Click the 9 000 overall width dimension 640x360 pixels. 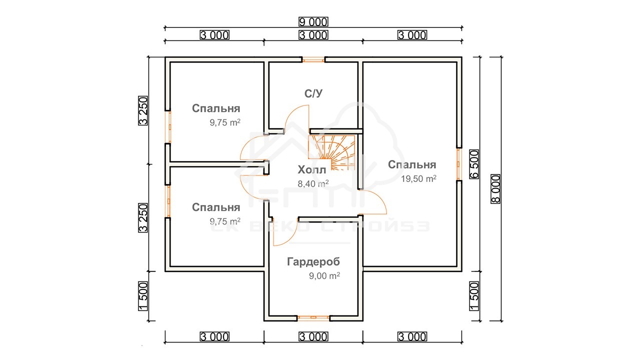click(313, 21)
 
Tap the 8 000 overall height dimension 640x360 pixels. click(495, 188)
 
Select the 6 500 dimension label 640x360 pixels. click(474, 164)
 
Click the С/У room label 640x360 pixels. click(313, 93)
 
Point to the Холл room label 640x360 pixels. click(311, 169)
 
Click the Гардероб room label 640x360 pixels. click(313, 261)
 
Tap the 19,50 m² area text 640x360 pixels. click(418, 178)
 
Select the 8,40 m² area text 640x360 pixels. click(313, 183)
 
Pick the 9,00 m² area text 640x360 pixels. click(324, 275)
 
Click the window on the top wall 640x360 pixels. click(313, 59)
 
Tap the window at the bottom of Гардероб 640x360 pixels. click(313, 317)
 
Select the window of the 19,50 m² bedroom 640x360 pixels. click(459, 164)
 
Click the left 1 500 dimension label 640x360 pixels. click(143, 296)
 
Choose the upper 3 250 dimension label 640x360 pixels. click(143, 110)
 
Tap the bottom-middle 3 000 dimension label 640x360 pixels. click(313, 336)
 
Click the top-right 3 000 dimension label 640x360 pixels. click(412, 35)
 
